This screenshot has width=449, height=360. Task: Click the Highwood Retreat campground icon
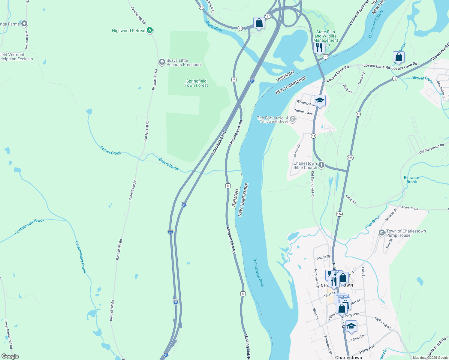[x=150, y=30]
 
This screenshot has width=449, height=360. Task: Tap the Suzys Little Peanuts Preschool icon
[x=162, y=62]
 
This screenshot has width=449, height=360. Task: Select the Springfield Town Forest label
[x=196, y=83]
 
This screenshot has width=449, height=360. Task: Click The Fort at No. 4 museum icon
[x=293, y=119]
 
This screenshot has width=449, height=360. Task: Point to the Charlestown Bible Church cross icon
[x=321, y=165]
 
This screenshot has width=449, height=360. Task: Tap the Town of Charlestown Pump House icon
[x=382, y=233]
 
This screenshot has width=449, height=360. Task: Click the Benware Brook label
[x=411, y=180]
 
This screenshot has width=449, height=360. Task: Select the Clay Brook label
[x=373, y=221]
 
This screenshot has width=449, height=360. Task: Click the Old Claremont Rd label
[x=431, y=149]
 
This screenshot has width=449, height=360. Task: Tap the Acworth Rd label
[x=410, y=208]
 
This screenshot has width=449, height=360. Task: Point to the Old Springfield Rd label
[x=312, y=184]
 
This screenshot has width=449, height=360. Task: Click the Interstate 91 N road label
[x=218, y=143]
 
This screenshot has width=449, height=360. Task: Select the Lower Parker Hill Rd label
[x=8, y=334]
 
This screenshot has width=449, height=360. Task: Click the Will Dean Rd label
[x=27, y=40]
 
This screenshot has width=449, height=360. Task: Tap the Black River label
[x=214, y=26]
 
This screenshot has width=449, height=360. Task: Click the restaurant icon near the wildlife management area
[x=319, y=47]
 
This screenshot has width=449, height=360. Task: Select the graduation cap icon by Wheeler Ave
[x=320, y=100]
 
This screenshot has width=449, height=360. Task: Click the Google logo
[x=10, y=356]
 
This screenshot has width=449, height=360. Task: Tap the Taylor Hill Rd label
[x=383, y=323]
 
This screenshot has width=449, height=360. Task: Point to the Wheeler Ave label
[x=306, y=103]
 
